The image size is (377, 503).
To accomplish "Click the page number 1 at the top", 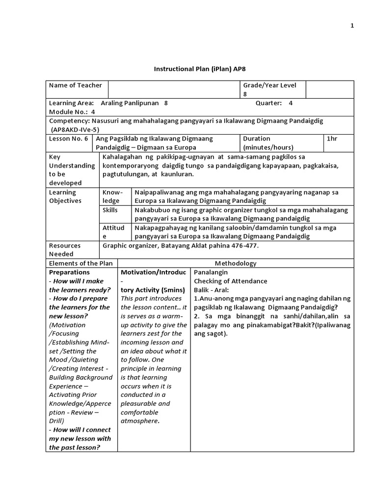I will [352, 27].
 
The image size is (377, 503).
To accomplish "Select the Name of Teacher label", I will [75, 85].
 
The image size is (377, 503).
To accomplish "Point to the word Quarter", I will [269, 103].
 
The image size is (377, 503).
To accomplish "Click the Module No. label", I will [68, 112].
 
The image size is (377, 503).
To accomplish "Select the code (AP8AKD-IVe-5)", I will [75, 130].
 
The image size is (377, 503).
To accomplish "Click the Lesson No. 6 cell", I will [68, 139].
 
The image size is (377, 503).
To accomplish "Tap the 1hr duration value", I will [332, 139].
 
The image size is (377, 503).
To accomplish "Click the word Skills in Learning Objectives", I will [111, 210].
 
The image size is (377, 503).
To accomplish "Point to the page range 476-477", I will [244, 246].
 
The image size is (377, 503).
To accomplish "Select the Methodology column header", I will [235, 263].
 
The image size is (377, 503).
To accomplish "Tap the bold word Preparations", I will [69, 272].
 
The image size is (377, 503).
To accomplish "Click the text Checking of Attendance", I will [230, 281].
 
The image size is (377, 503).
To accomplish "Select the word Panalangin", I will [211, 272].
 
